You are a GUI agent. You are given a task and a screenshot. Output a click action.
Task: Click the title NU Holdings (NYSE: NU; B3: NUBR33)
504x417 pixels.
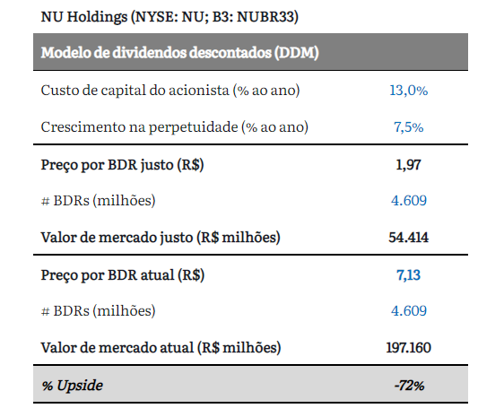pos(169,17)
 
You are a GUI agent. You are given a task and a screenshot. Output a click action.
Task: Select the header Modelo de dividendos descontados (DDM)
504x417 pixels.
pos(179,53)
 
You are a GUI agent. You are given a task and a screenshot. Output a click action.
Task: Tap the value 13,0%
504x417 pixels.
pos(409,91)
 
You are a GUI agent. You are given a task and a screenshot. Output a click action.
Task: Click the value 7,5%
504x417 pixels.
pos(409,127)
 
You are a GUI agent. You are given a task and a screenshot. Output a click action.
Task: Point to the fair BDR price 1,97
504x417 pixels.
pos(408,165)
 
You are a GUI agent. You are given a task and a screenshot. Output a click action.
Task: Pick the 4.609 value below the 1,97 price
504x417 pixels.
pos(409,201)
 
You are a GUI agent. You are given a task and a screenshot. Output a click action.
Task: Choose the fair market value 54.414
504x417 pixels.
pos(408,238)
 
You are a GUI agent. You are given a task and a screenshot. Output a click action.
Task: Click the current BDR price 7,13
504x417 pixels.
pos(408,275)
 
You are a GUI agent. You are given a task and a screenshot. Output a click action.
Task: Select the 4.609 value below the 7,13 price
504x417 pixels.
pos(409,311)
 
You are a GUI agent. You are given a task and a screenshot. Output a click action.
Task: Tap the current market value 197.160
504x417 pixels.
pos(408,348)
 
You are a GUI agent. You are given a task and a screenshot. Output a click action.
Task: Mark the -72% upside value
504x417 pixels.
pos(409,386)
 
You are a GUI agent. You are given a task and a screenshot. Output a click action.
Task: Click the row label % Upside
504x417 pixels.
pos(72,386)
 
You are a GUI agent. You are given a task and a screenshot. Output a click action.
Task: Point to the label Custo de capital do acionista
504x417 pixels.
pos(135,91)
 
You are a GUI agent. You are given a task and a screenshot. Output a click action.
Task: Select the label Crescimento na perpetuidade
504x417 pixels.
pos(139,127)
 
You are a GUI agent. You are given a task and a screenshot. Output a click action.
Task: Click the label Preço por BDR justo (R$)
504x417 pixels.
pos(122,165)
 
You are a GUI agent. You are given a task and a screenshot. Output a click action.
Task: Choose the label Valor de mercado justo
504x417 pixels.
pos(117,238)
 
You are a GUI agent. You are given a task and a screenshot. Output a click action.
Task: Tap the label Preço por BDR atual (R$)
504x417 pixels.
pos(123,275)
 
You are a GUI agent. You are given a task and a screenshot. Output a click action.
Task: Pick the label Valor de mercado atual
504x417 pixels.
pos(117,348)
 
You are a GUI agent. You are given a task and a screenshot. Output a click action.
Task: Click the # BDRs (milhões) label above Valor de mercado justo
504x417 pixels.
pos(99,201)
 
